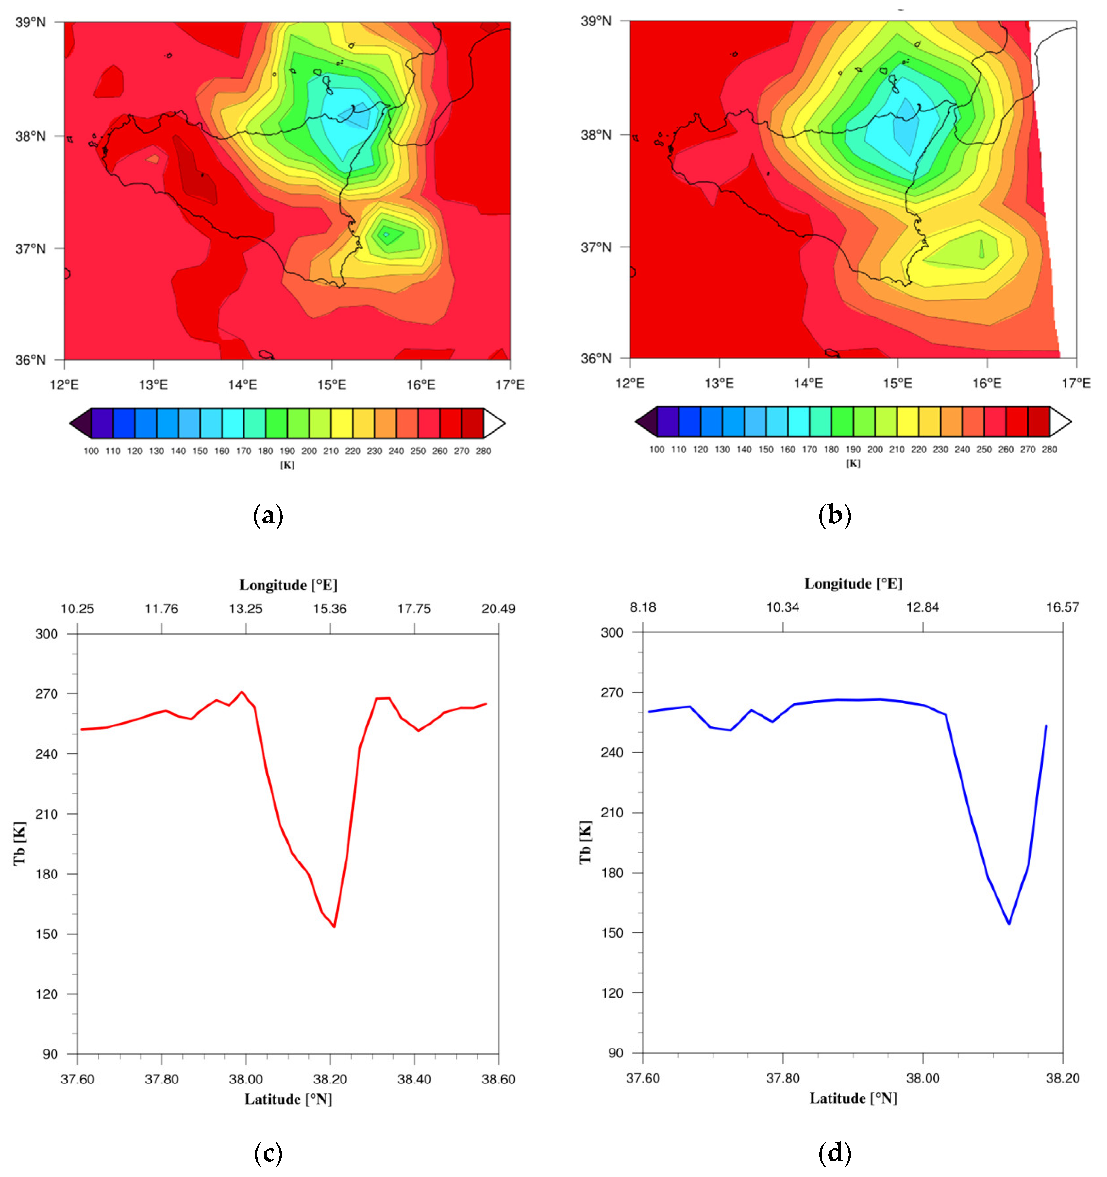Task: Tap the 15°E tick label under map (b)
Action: [897, 383]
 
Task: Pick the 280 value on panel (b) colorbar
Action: [1049, 449]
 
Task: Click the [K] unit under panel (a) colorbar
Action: [287, 465]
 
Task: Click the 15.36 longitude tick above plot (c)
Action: [330, 609]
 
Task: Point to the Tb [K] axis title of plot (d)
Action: [585, 842]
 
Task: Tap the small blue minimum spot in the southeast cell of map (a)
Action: [386, 234]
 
